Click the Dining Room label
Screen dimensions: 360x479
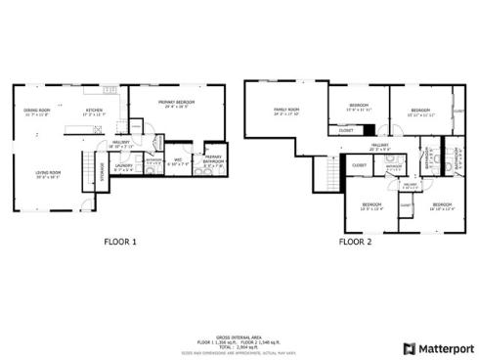37,112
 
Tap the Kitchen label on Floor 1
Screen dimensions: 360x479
94,112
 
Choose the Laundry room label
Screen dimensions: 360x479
123,167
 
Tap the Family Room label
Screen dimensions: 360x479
286,112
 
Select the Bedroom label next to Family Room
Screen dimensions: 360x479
360,107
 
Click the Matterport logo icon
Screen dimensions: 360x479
410,347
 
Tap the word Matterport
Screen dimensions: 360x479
445,347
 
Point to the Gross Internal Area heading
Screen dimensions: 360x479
239,334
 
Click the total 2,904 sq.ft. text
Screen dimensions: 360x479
239,344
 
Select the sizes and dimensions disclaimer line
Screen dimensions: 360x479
239,350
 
